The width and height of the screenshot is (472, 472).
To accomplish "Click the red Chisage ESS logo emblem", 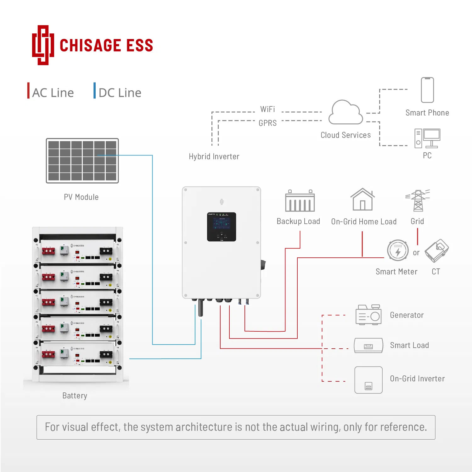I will click(43, 45).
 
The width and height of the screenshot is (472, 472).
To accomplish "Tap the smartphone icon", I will click(427, 90).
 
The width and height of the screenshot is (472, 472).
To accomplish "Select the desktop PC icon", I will click(427, 138).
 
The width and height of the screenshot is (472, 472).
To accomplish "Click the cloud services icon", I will click(346, 113).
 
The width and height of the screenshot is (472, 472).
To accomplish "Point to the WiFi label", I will click(267, 109).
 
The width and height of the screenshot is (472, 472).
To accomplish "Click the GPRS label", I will click(267, 123).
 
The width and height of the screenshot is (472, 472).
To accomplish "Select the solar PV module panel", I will click(82, 160).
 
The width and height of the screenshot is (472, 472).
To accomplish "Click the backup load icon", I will click(300, 201).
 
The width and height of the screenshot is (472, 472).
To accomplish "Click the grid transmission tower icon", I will click(418, 200).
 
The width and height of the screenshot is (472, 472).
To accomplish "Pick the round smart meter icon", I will click(398, 251).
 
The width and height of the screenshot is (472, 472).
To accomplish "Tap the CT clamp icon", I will click(437, 251).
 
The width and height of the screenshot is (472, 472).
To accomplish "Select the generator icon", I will click(368, 315).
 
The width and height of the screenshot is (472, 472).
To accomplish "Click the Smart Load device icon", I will click(368, 346).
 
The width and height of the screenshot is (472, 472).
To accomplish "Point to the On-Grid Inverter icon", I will click(368, 380).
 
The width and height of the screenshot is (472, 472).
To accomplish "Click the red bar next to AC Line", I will click(29, 91).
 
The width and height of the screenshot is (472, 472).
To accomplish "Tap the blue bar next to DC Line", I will click(94, 91).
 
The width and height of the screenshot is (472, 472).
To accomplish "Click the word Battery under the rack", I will click(75, 396).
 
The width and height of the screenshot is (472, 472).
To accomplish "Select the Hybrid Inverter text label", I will click(214, 156).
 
